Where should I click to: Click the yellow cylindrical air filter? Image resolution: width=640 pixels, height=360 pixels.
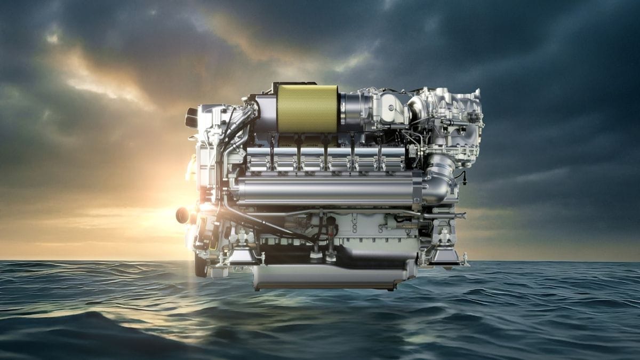point(307,109)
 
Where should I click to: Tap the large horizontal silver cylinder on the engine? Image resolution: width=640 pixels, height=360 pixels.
point(325,191)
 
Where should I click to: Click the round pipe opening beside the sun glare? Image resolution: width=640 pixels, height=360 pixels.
point(182,215)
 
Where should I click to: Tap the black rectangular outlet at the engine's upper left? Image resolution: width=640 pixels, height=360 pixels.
point(191,118)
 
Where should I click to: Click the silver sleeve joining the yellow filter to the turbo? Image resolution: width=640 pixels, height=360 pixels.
point(349,109)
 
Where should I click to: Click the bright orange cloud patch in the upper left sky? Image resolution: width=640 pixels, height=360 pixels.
point(96,80)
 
